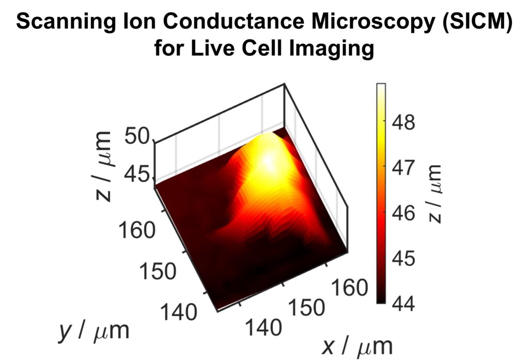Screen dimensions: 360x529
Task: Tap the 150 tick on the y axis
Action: coord(158,271)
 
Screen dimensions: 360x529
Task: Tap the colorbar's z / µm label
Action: coord(435,193)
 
